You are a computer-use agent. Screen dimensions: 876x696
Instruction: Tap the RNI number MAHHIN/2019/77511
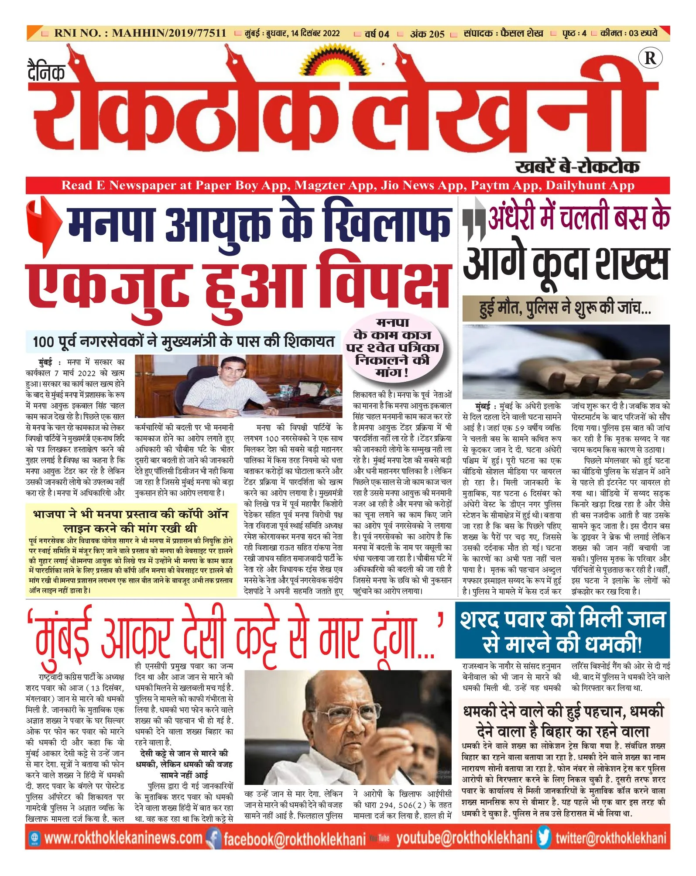click(169, 33)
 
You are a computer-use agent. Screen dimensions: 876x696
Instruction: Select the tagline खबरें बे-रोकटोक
click(577, 167)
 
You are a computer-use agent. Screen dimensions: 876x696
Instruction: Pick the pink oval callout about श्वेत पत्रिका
click(392, 348)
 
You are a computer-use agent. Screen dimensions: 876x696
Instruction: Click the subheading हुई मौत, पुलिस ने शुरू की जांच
click(565, 308)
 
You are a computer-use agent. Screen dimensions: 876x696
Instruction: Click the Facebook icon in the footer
click(213, 838)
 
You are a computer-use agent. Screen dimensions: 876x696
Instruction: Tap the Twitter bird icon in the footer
click(544, 838)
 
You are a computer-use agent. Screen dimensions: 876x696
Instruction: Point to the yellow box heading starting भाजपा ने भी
click(130, 521)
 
